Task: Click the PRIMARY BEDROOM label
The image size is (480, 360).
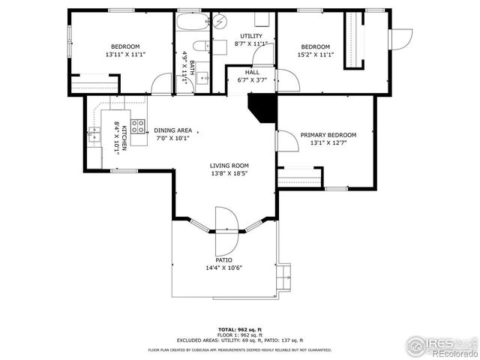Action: (328, 135)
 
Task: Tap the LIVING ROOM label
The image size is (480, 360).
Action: (229, 166)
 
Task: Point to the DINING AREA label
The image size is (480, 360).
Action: (172, 130)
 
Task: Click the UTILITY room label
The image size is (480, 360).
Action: (250, 36)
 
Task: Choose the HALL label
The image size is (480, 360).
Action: (252, 72)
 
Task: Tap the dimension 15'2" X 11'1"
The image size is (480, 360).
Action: (315, 54)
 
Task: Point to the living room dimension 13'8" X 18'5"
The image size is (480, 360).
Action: (229, 174)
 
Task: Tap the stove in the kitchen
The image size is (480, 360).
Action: (138, 127)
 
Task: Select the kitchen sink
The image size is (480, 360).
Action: (94, 135)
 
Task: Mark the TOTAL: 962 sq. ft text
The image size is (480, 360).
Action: (239, 329)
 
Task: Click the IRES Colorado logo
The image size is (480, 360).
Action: (442, 346)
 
